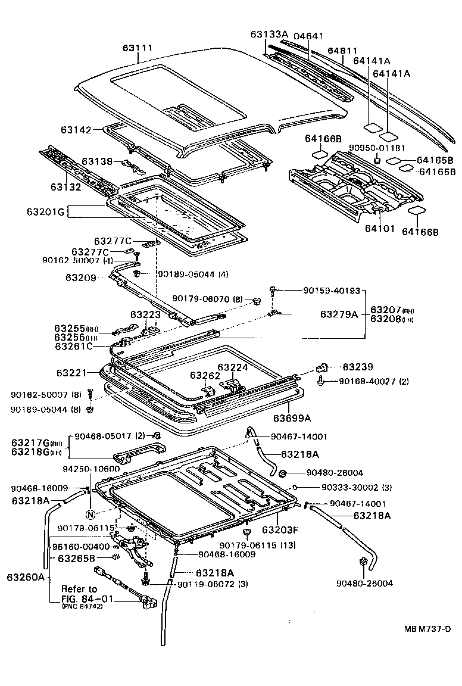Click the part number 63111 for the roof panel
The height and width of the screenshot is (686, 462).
pos(138,48)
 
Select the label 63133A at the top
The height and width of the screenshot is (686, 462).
pos(269,35)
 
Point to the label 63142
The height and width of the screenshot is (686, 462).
pos(92,130)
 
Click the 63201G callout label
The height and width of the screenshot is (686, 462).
pos(44,211)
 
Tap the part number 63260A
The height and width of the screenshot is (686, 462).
pos(26,576)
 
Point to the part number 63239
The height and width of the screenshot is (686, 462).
pos(358,367)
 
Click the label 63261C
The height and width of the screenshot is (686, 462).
pos(74,346)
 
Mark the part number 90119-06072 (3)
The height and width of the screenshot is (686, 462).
pos(213,584)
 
